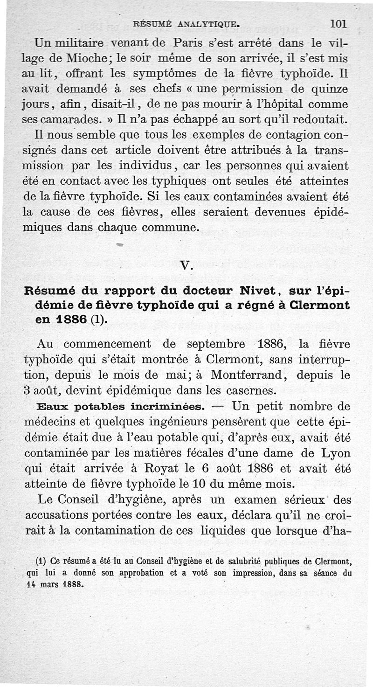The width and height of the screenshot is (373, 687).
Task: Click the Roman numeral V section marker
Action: click(186, 266)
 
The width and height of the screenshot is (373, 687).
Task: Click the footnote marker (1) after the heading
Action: click(98, 321)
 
